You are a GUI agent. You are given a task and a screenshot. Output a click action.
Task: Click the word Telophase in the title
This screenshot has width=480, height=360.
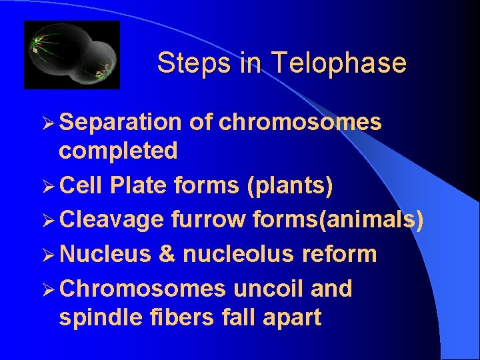(339, 63)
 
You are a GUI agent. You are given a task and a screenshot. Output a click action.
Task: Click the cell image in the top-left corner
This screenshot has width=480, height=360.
(72, 55)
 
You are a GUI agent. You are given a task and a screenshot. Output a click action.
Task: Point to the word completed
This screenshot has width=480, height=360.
(118, 151)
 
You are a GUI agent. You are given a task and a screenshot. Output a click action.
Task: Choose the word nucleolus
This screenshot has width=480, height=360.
(241, 254)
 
